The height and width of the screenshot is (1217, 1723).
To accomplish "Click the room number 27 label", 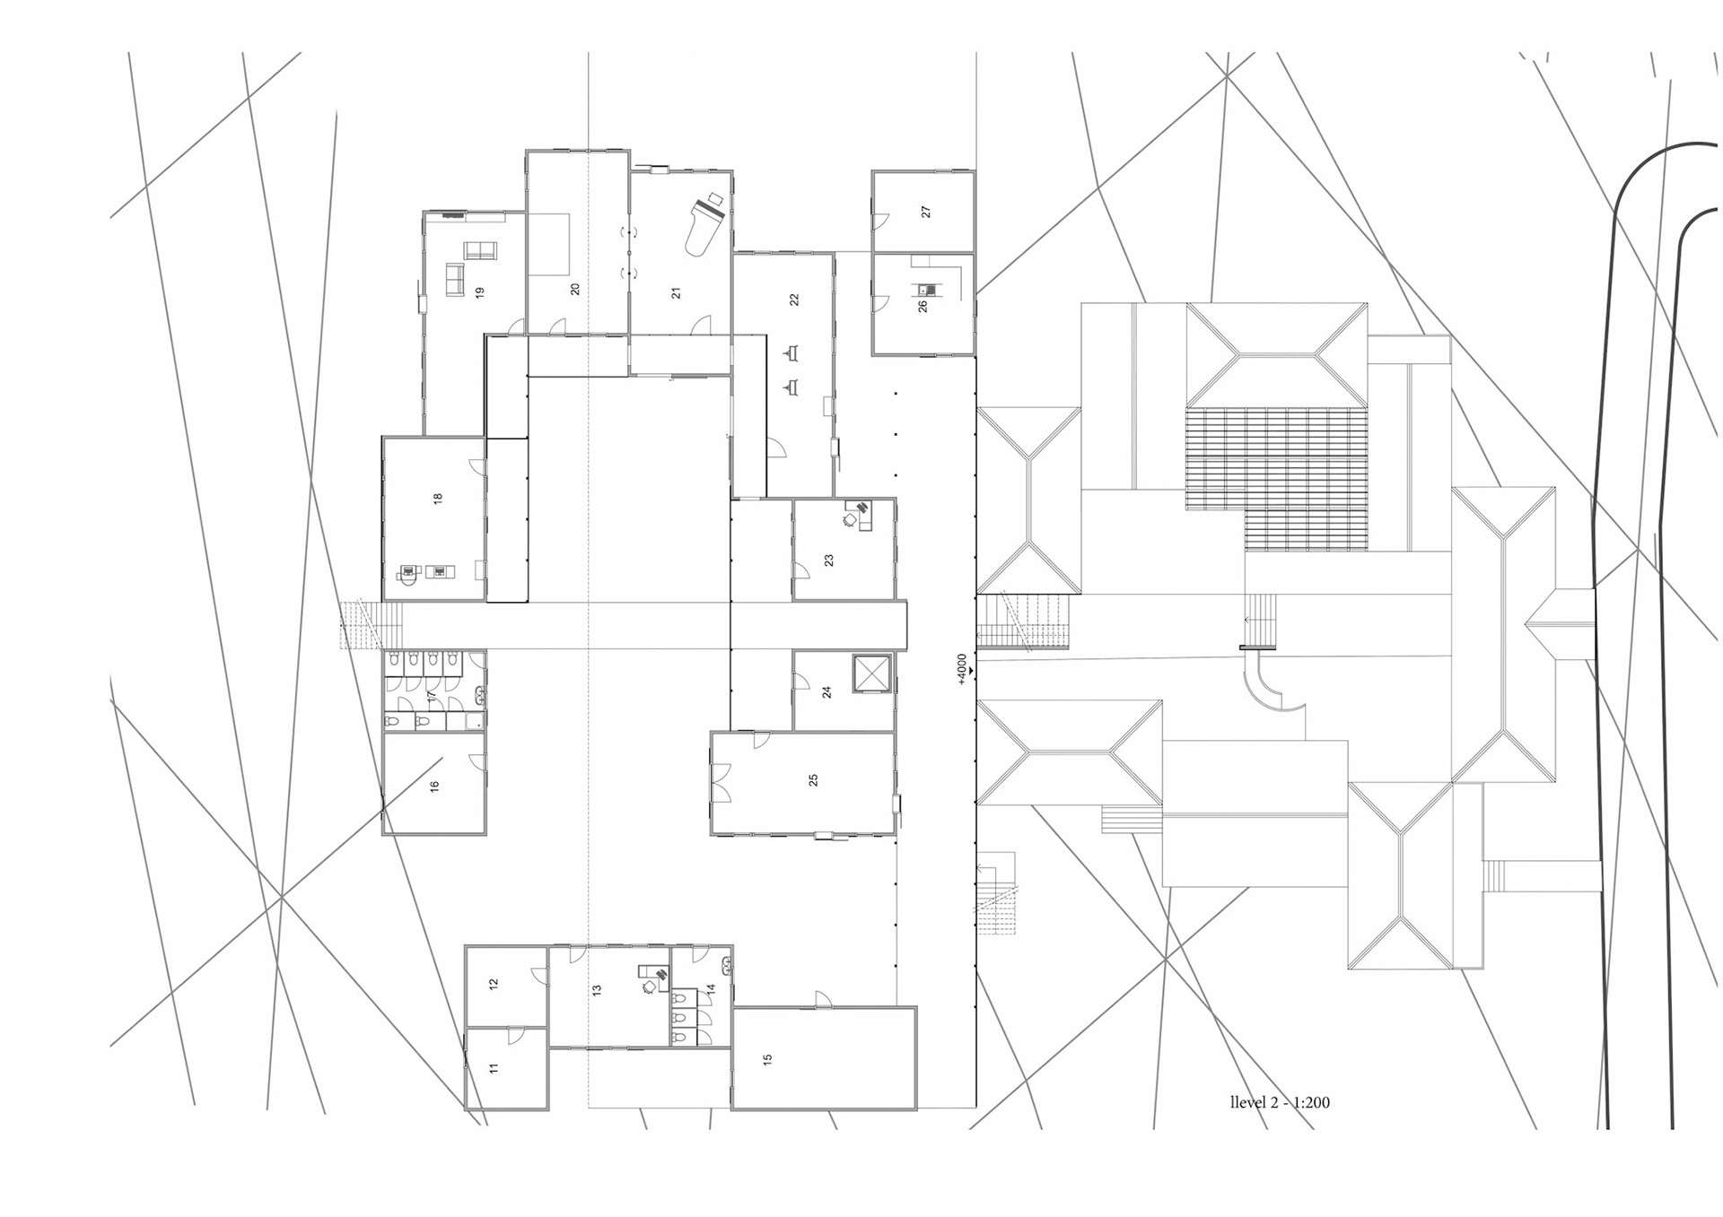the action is tap(925, 212).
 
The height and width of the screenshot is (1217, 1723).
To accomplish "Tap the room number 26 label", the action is tap(922, 306).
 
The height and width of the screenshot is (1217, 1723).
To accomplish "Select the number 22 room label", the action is tap(793, 300).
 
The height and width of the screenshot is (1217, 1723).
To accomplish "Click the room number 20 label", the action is tap(574, 289).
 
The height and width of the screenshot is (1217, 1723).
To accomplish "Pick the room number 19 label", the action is tap(480, 291).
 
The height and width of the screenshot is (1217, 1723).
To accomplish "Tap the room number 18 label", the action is tap(438, 498).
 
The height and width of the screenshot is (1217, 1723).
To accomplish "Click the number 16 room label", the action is tap(434, 786).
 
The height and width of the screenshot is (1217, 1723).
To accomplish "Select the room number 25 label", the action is tap(813, 780).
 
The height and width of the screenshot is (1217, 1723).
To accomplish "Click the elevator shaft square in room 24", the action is tap(871, 674).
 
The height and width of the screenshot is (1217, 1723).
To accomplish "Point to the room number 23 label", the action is tap(828, 560).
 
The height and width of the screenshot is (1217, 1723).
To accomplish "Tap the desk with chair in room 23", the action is tap(858, 515).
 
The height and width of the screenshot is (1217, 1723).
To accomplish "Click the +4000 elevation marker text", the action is tap(962, 668).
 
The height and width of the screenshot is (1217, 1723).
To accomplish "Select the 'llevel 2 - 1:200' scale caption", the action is tap(1280, 1102).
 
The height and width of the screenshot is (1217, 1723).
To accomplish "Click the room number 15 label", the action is tap(767, 1059).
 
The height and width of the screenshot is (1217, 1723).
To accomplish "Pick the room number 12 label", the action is tap(493, 984).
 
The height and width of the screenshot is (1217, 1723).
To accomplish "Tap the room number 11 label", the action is tap(493, 1068).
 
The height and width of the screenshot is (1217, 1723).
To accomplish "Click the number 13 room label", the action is tap(596, 990).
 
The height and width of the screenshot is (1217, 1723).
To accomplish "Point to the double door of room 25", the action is tap(721, 782).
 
